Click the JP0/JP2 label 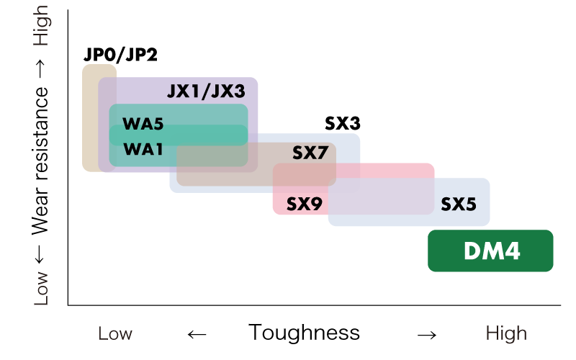click(x=120, y=55)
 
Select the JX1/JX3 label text click(x=206, y=91)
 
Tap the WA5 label click(x=143, y=124)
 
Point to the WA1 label click(x=143, y=149)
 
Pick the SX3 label click(x=343, y=123)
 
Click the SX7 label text click(x=310, y=153)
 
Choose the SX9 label click(x=304, y=204)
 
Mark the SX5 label click(x=459, y=204)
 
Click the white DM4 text click(x=492, y=251)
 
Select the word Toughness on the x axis click(x=304, y=333)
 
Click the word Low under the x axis click(x=115, y=333)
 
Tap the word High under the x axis click(x=506, y=333)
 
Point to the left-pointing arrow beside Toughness click(x=197, y=334)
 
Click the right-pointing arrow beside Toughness click(x=427, y=335)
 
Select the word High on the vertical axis click(x=42, y=26)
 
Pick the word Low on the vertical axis click(x=41, y=288)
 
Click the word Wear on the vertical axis click(x=40, y=210)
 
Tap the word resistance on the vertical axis click(x=41, y=133)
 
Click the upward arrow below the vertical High click(x=40, y=68)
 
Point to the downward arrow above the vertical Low click(x=40, y=254)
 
